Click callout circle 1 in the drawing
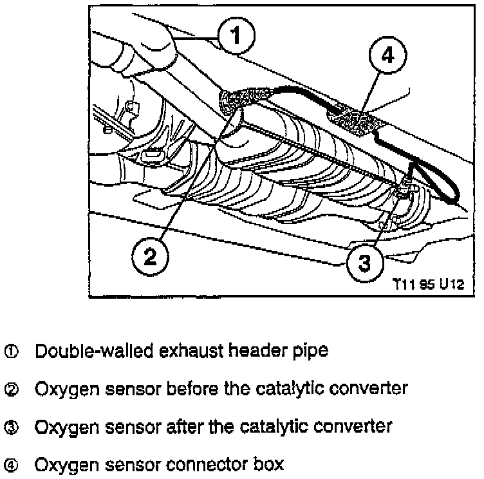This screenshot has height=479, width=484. tap(236, 35)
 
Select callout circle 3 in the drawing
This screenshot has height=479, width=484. tap(364, 263)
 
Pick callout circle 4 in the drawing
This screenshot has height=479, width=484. tap(387, 57)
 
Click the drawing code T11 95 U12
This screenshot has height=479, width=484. tap(429, 283)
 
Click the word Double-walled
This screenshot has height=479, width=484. tap(84, 352)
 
